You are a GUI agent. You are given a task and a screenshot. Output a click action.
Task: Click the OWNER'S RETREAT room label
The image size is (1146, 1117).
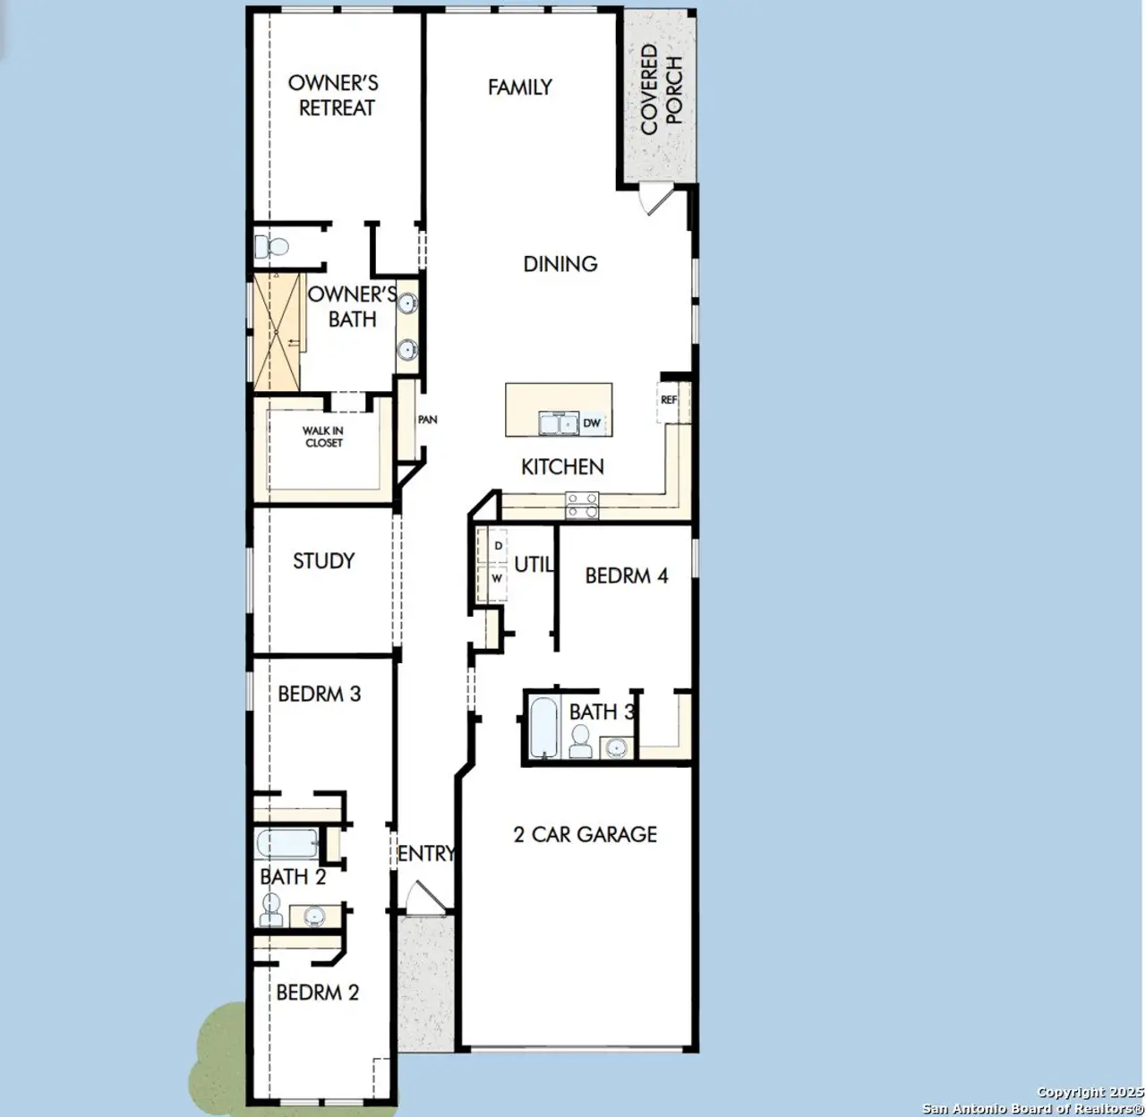coord(333,95)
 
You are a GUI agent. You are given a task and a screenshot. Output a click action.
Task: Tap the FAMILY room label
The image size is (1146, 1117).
coord(519,87)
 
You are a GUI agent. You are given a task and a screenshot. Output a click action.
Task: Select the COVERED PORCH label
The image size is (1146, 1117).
coord(662,90)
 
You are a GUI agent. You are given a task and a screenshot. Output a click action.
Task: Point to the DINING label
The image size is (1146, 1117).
coord(560,264)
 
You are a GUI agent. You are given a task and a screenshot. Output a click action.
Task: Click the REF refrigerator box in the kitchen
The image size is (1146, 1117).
coord(669,400)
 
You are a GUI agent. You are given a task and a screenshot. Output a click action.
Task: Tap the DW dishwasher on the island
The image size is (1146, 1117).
coord(592,423)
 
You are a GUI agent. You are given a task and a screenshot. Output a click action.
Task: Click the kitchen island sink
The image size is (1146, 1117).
coord(559,423)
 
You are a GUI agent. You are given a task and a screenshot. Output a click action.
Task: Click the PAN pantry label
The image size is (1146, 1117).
coord(427,419)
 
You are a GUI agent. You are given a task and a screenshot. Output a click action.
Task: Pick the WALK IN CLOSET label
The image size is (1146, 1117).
coord(322,437)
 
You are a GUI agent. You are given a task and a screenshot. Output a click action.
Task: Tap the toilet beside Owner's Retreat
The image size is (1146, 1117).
coord(269,245)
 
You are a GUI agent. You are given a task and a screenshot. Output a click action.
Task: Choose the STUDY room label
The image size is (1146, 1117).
coord(323,561)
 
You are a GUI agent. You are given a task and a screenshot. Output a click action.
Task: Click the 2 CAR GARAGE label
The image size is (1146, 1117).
coord(585,834)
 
